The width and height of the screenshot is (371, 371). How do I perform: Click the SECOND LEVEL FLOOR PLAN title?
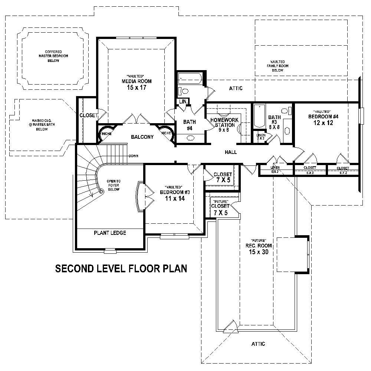(121, 268)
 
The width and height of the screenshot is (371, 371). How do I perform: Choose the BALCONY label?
(142, 137)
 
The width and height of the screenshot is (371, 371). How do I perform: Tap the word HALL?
(230, 152)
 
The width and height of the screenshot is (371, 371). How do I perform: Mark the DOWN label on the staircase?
(134, 156)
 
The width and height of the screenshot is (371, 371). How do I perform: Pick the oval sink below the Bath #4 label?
(190, 138)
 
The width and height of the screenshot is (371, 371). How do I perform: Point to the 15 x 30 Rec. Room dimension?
(260, 252)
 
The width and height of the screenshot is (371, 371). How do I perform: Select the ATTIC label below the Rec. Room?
(258, 344)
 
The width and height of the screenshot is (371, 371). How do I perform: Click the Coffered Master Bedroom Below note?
(53, 56)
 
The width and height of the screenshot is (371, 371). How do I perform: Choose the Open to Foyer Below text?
(113, 185)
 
